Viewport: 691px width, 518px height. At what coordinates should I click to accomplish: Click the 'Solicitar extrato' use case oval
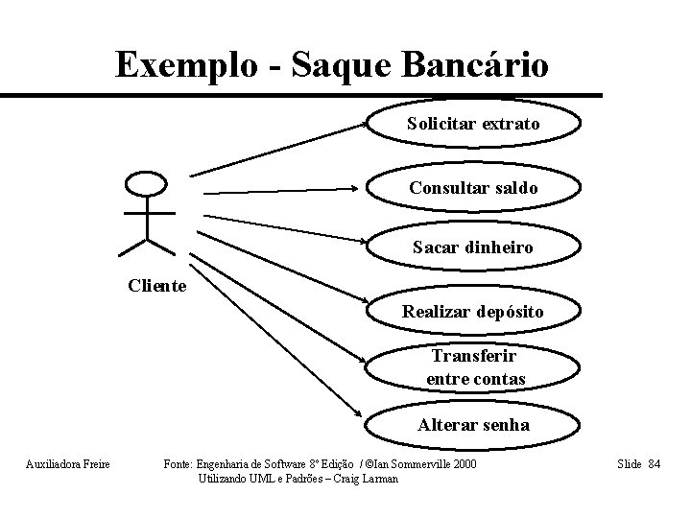473,125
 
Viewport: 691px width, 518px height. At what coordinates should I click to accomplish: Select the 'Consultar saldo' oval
473,187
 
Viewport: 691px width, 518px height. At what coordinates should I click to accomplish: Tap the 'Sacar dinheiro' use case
473,248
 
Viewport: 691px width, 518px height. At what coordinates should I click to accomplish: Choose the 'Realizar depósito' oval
473,312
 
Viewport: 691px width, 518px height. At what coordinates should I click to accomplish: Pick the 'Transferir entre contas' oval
476,367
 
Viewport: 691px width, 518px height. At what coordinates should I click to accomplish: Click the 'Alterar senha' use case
473,425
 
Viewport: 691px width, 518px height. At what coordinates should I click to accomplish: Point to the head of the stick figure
147,184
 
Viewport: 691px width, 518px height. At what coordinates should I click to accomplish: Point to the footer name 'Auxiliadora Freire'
67,465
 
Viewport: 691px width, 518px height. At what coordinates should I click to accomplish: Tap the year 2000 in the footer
462,465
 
